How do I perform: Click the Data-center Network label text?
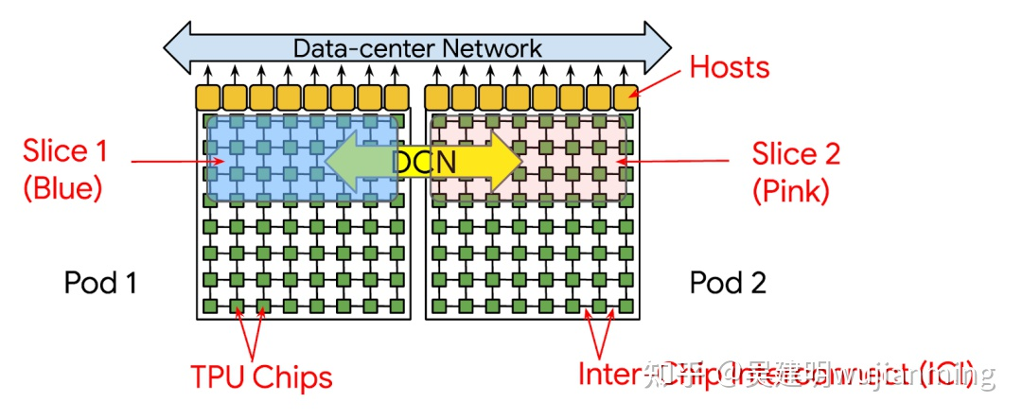coord(416,47)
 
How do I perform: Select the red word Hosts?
coord(729,67)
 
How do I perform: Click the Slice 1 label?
coord(65,150)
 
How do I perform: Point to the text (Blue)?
coord(62,188)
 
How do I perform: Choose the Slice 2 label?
coord(796,153)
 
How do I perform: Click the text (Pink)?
coord(791,191)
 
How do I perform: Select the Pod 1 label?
coord(100,282)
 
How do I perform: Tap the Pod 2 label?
coord(728,282)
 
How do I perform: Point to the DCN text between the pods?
coord(424,163)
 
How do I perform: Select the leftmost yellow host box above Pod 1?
coord(207,97)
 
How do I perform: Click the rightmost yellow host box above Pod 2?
coord(626,97)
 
